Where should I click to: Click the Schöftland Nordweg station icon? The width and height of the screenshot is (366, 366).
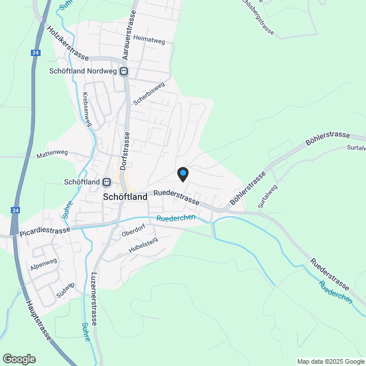(x=124, y=72)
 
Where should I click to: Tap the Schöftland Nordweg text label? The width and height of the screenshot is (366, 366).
(x=83, y=72)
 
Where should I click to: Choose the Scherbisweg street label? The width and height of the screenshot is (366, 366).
(x=149, y=93)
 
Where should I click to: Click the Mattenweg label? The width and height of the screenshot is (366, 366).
(x=52, y=154)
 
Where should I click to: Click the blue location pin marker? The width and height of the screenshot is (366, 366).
(x=182, y=173)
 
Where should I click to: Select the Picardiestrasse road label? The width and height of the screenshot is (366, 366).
(x=44, y=230)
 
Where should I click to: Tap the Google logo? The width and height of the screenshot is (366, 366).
(x=19, y=359)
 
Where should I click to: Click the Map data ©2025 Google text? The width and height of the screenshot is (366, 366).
(x=330, y=361)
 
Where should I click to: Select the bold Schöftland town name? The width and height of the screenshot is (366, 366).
(x=125, y=196)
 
